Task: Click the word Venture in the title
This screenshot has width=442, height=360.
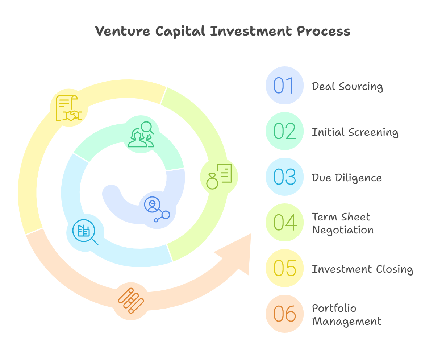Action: (x=123, y=31)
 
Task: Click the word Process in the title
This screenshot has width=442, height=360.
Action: (x=324, y=31)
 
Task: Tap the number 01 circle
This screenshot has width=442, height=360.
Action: (x=284, y=85)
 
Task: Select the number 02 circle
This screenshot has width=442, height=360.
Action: (x=284, y=131)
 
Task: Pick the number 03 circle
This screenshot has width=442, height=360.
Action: (x=284, y=177)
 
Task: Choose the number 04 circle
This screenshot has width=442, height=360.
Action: (x=284, y=222)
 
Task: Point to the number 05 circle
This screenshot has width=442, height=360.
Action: (x=284, y=268)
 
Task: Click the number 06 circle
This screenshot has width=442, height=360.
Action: (x=284, y=314)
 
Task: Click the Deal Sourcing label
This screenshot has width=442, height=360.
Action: (x=347, y=87)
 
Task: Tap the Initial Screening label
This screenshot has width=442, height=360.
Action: (x=355, y=132)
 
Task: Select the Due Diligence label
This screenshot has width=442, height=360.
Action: (x=347, y=178)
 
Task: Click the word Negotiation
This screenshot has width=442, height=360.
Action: (x=343, y=230)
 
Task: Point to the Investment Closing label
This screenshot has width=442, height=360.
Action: (x=363, y=269)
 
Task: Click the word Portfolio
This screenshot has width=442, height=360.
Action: (x=334, y=308)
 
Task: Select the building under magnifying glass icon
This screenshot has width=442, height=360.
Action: (x=85, y=232)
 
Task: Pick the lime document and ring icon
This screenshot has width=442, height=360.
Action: (x=219, y=177)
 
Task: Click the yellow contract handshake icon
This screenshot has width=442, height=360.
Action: (x=69, y=108)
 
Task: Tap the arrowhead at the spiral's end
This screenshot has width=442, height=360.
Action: (x=237, y=254)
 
